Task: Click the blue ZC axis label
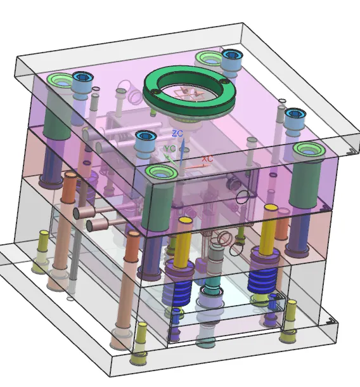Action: point(177,133)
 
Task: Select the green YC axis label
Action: point(170,148)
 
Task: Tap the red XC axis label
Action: point(207,159)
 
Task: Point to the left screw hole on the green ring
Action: point(155,92)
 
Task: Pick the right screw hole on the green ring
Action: point(224,81)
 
